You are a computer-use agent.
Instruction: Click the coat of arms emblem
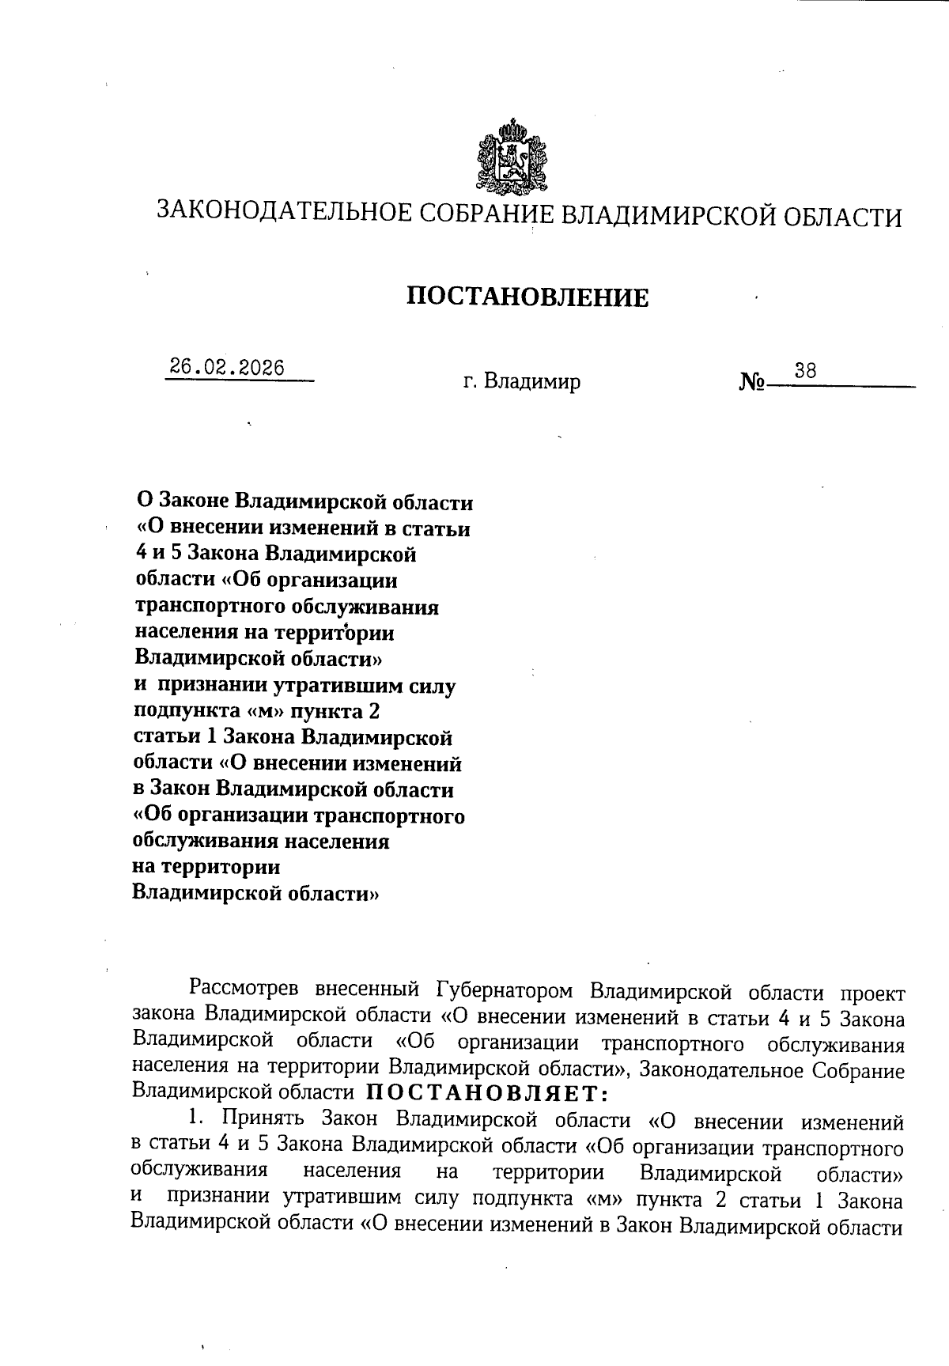click(512, 157)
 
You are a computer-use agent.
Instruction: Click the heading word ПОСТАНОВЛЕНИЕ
click(527, 297)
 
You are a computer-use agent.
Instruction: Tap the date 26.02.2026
click(227, 368)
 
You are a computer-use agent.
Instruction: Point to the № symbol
click(751, 383)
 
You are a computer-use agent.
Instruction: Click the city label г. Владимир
click(522, 382)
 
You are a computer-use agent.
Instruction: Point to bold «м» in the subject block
click(265, 712)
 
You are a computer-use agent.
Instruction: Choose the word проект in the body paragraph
click(872, 993)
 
